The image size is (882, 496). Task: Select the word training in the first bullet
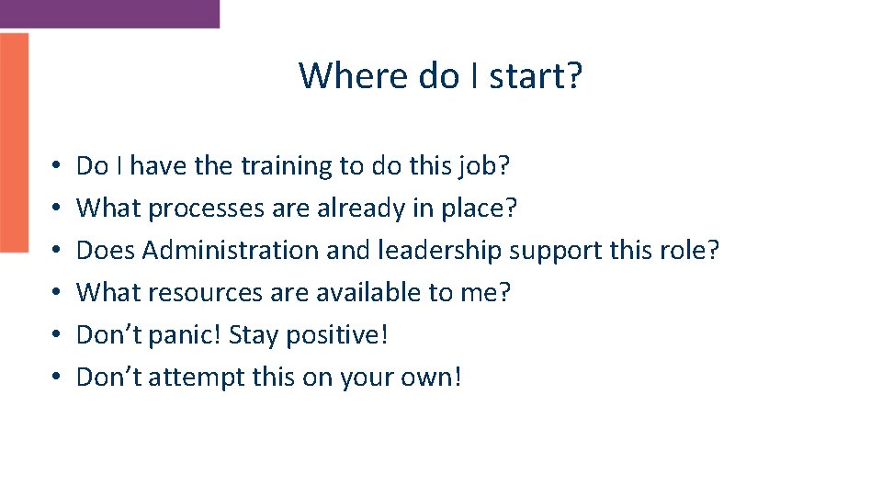pyautogui.click(x=287, y=166)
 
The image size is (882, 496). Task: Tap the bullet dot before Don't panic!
pyautogui.click(x=57, y=335)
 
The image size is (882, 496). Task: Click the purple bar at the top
pyautogui.click(x=109, y=13)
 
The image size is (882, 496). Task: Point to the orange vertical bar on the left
pyautogui.click(x=14, y=142)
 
